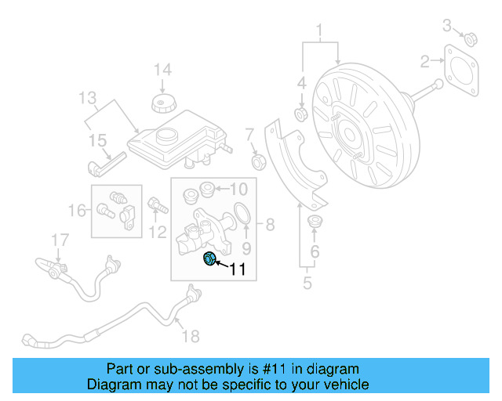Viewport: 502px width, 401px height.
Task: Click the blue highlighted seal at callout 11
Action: coord(209,259)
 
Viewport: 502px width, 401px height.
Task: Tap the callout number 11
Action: coord(238,270)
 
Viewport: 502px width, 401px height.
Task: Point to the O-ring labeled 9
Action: coord(243,212)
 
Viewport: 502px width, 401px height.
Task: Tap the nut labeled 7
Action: coord(256,162)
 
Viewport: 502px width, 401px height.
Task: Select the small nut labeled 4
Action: coord(300,115)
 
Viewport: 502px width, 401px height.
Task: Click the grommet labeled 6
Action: coord(315,222)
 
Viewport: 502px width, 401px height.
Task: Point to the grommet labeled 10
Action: coord(208,188)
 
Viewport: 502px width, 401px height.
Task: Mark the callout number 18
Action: coord(191,336)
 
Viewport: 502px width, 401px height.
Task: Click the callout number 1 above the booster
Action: coord(319,32)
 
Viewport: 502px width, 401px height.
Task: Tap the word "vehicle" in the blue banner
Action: coord(343,385)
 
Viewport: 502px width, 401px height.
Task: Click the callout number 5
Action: coord(308,283)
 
